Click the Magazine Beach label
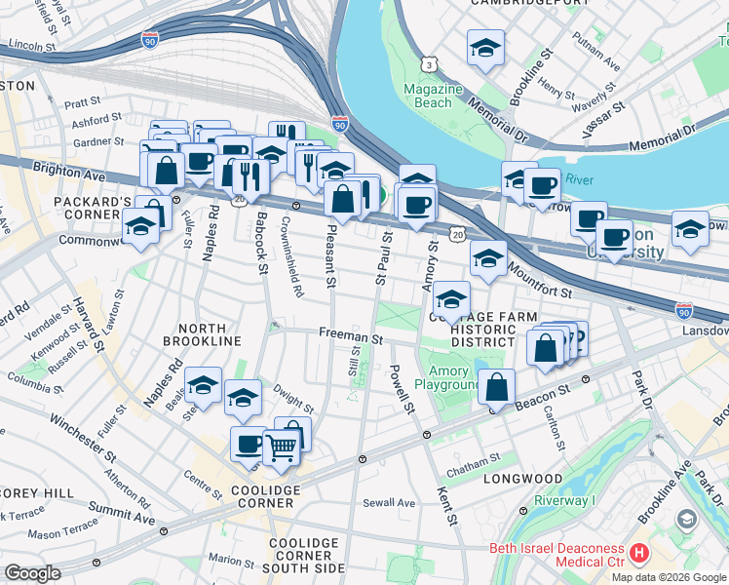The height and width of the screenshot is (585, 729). tap(433, 96)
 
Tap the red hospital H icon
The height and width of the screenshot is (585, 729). tap(639, 553)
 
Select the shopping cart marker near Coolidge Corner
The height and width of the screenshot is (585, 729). tap(281, 447)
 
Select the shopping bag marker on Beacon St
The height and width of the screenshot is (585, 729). tap(497, 386)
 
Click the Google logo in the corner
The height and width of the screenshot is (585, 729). tap(32, 573)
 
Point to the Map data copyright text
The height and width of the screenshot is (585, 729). tap(669, 577)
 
